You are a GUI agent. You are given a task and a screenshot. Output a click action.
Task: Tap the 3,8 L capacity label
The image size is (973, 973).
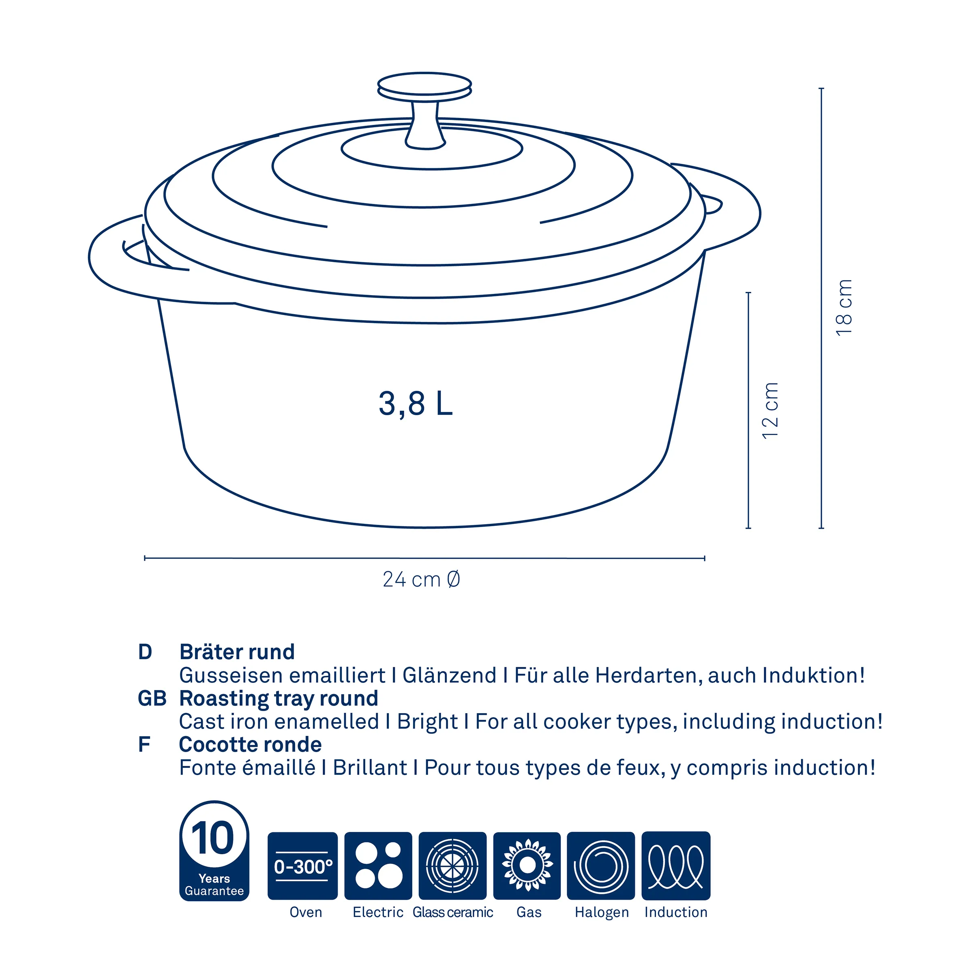point(416,404)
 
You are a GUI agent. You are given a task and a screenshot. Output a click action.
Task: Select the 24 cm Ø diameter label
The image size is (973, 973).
point(422,580)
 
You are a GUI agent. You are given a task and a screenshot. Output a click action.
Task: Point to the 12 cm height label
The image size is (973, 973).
point(771,410)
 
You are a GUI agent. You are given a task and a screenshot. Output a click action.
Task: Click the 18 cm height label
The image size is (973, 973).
point(844,307)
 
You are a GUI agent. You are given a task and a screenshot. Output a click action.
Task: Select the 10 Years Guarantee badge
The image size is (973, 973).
point(214,851)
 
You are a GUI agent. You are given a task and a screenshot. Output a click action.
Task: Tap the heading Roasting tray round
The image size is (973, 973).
point(279,699)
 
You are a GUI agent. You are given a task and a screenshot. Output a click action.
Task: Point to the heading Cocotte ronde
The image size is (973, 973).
point(250,744)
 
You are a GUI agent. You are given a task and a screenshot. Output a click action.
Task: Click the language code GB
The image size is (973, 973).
point(152,699)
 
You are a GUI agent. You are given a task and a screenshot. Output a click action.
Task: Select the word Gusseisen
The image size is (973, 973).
point(231,675)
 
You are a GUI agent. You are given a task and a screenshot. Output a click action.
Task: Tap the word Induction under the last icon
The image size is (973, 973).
point(676,912)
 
